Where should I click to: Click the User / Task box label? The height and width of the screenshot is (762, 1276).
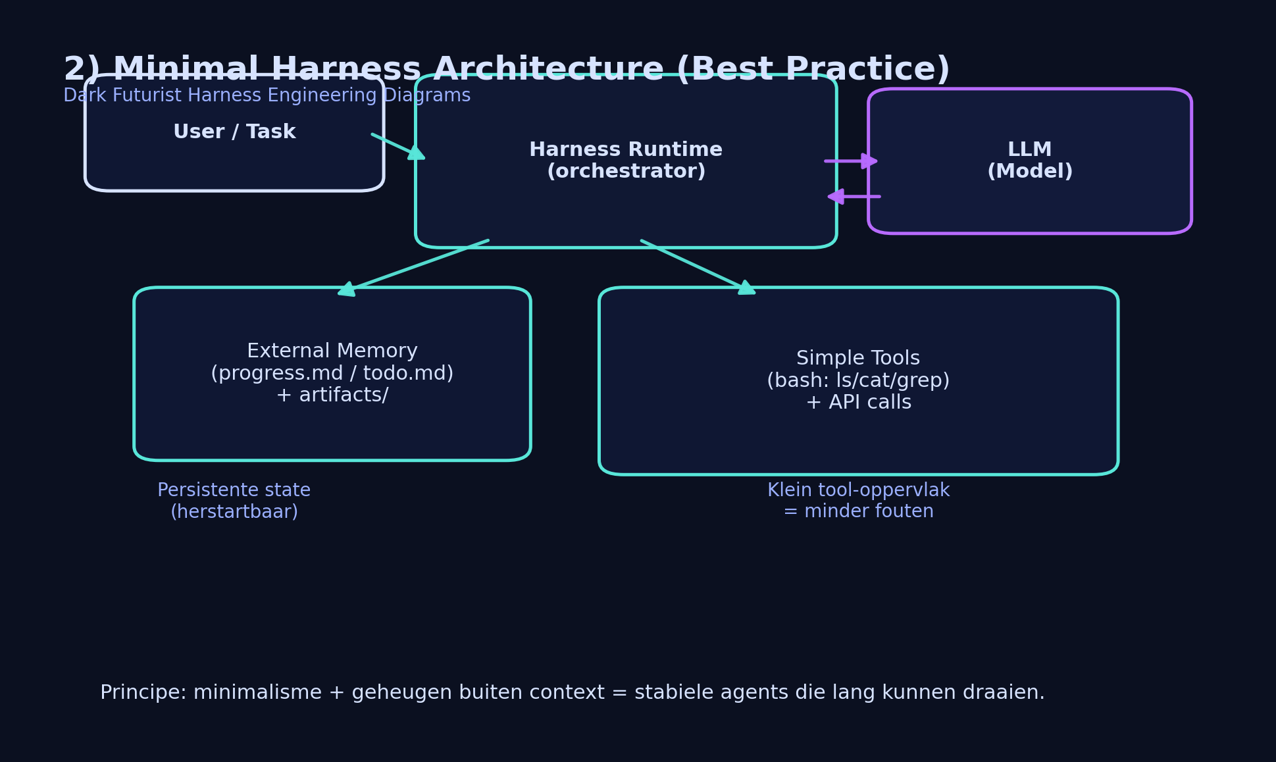(234, 132)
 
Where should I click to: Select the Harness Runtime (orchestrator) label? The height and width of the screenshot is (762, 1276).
(625, 161)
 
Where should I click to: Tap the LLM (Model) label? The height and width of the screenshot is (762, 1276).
(1029, 161)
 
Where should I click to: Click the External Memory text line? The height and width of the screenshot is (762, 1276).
(332, 351)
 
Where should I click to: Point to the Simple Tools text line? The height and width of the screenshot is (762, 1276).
(857, 359)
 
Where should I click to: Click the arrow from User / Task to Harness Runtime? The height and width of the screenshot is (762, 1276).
(397, 146)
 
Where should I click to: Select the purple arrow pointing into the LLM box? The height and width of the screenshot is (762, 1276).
(850, 161)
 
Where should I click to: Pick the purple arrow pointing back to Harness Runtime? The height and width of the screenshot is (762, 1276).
(854, 196)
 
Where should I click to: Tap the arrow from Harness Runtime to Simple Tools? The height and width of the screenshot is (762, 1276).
(698, 267)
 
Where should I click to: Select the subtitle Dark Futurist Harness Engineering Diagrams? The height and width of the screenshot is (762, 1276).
(267, 96)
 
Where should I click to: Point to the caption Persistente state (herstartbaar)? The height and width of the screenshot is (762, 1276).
(234, 501)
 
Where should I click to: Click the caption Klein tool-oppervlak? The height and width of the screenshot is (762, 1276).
(858, 490)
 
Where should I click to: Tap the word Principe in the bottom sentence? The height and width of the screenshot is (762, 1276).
(143, 693)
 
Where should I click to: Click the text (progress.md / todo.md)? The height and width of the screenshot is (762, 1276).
(332, 374)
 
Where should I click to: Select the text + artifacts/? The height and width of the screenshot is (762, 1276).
(332, 395)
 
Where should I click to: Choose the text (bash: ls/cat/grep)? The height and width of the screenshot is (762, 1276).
(857, 381)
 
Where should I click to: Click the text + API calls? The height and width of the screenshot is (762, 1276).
(857, 403)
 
